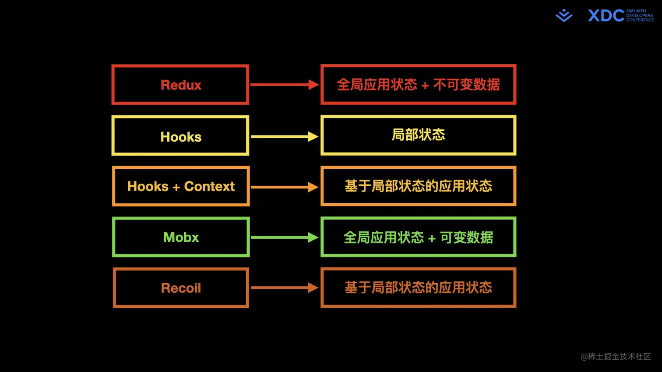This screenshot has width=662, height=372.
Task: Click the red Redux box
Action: [x=180, y=85]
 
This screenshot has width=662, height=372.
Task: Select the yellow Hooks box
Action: [x=180, y=136]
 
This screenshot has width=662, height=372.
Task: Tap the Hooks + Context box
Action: [x=180, y=186]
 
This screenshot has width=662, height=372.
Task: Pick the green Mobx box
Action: [x=180, y=237]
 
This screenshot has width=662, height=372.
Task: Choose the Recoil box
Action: [x=180, y=288]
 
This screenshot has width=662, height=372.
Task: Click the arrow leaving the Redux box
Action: [x=284, y=85]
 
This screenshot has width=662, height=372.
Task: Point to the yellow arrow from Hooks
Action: [x=284, y=136]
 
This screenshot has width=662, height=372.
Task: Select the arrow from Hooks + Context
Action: [x=284, y=187]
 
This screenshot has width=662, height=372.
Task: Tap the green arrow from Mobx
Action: [x=284, y=237]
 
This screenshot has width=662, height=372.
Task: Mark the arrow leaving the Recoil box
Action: [x=284, y=288]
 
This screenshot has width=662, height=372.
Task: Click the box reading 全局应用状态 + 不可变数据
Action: [x=418, y=85]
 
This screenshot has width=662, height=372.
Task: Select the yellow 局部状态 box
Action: [x=418, y=135]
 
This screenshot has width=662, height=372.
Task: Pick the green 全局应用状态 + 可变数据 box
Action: [x=418, y=237]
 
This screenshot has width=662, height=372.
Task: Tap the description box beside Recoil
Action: [x=418, y=288]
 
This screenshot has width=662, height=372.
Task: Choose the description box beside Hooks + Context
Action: [x=418, y=186]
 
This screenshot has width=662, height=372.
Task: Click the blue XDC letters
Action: [x=606, y=16]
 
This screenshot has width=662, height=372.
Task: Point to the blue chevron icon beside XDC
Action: [x=564, y=15]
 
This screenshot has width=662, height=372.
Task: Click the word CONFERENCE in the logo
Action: [x=640, y=20]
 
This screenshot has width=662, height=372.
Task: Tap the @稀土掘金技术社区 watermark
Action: [x=616, y=357]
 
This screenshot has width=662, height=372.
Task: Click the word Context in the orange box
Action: [x=209, y=186]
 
